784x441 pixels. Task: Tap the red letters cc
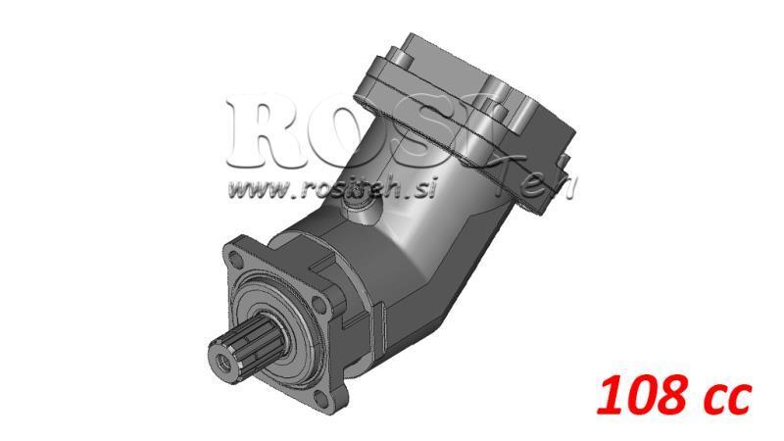pos(723,399)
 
